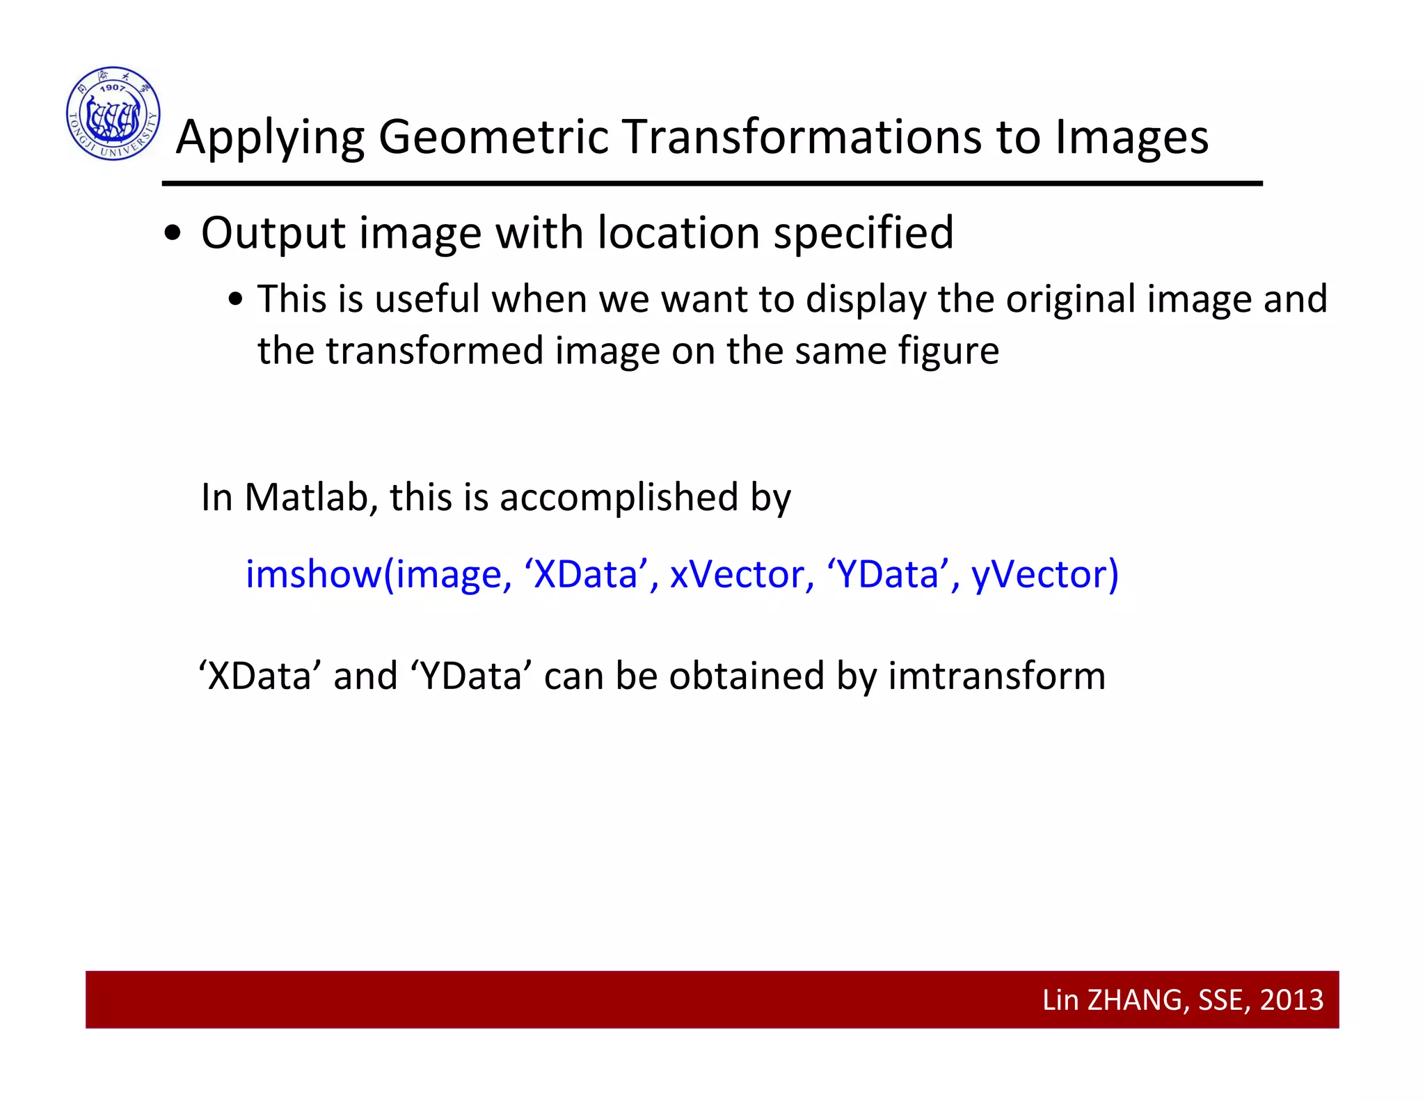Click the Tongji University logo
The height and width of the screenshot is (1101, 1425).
coord(113,113)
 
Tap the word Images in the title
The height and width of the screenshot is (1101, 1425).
coord(1131,138)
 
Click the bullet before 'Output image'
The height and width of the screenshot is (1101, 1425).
coord(173,235)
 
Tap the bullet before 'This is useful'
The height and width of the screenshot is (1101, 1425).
coord(236,300)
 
